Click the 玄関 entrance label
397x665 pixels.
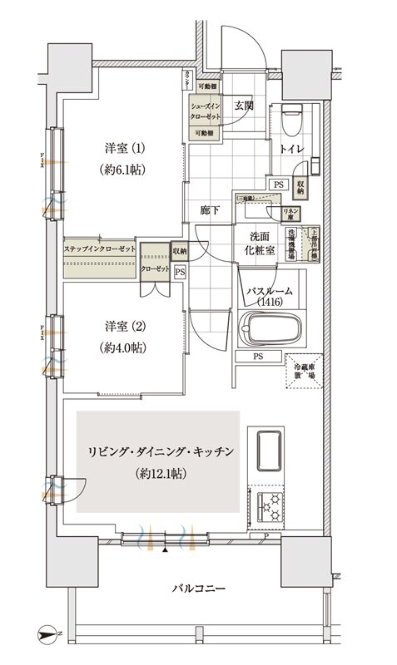244,106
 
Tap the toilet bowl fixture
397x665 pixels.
291,120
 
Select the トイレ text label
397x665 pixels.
290,150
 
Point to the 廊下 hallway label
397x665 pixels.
210,210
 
